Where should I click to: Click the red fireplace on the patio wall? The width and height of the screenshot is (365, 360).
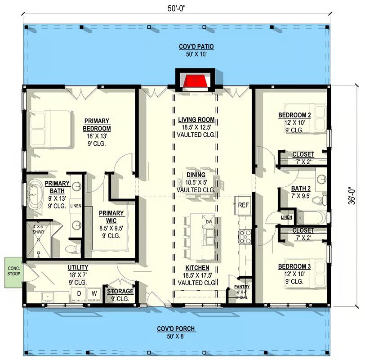click(x=195, y=81)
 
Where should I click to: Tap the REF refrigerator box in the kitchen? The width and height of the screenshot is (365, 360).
click(x=243, y=205)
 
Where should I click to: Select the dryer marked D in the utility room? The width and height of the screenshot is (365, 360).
click(x=79, y=294)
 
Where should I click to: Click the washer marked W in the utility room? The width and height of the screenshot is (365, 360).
click(x=94, y=294)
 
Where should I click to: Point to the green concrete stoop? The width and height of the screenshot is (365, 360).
click(x=14, y=272)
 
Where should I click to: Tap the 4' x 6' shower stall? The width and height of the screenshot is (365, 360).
click(x=39, y=240)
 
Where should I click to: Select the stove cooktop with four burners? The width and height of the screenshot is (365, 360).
click(x=245, y=237)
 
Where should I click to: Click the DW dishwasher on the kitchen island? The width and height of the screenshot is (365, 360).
click(x=209, y=221)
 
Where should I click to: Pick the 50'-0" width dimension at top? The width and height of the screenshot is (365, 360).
click(x=177, y=9)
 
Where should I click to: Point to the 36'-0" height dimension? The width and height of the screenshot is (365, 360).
click(x=352, y=196)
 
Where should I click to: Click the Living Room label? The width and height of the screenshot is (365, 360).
click(x=196, y=120)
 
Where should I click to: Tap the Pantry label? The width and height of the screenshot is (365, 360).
click(x=242, y=287)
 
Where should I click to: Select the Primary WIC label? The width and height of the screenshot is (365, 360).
click(x=111, y=217)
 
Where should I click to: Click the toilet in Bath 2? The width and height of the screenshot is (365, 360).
click(x=319, y=200)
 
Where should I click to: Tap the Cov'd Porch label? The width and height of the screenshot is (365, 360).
click(x=176, y=329)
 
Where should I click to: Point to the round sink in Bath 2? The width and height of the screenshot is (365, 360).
click(x=322, y=179)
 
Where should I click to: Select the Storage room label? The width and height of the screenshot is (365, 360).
click(x=120, y=291)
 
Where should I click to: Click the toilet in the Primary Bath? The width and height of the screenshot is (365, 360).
click(x=73, y=249)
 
